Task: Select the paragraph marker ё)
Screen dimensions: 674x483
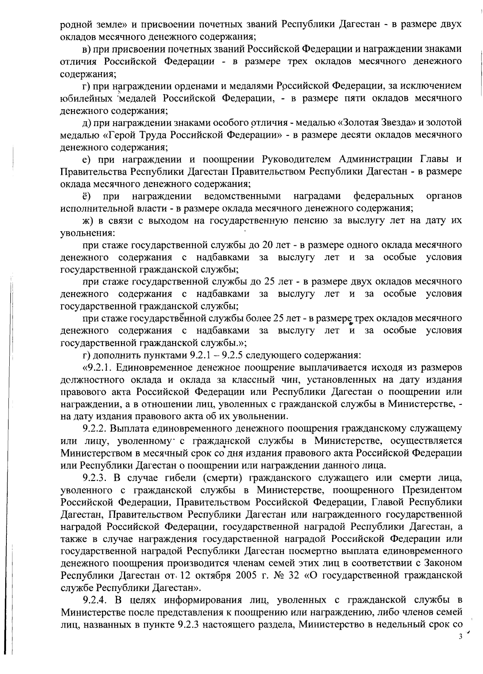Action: [x=86, y=196]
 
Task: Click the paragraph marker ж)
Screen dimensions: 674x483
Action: [x=87, y=221]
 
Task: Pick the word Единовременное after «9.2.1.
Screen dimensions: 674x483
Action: [x=157, y=368]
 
